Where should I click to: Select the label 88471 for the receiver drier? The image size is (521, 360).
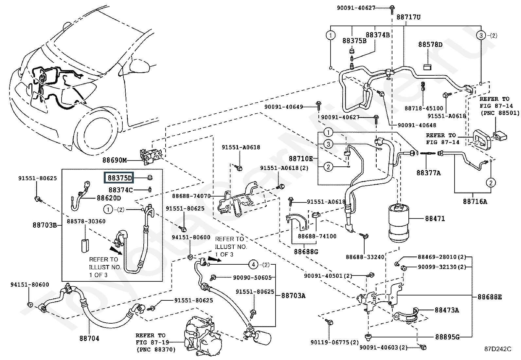point(435,218)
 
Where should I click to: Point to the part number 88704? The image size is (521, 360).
point(89,338)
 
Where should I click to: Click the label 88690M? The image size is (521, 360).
point(114,161)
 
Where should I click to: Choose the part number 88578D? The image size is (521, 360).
point(430,45)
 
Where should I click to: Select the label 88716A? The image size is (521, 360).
point(475,201)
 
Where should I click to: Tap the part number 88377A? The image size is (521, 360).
point(428,173)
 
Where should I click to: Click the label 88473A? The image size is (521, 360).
point(447,310)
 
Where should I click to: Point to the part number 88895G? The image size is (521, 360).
point(447,337)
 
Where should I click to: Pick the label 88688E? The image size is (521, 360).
point(489,297)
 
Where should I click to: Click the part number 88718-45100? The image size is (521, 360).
point(423,108)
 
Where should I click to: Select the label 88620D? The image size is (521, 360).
point(109,198)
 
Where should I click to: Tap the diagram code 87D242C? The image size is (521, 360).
point(498,349)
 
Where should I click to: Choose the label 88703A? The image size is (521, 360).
point(293,296)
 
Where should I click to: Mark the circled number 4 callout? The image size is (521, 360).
point(253,264)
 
